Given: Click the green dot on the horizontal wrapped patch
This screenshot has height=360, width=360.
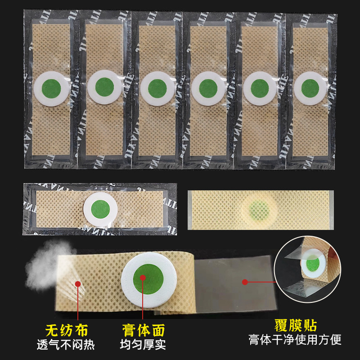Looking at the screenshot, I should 100,209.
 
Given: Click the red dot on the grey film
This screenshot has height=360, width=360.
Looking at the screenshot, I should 245,282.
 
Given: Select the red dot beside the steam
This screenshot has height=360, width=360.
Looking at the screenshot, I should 78,284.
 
